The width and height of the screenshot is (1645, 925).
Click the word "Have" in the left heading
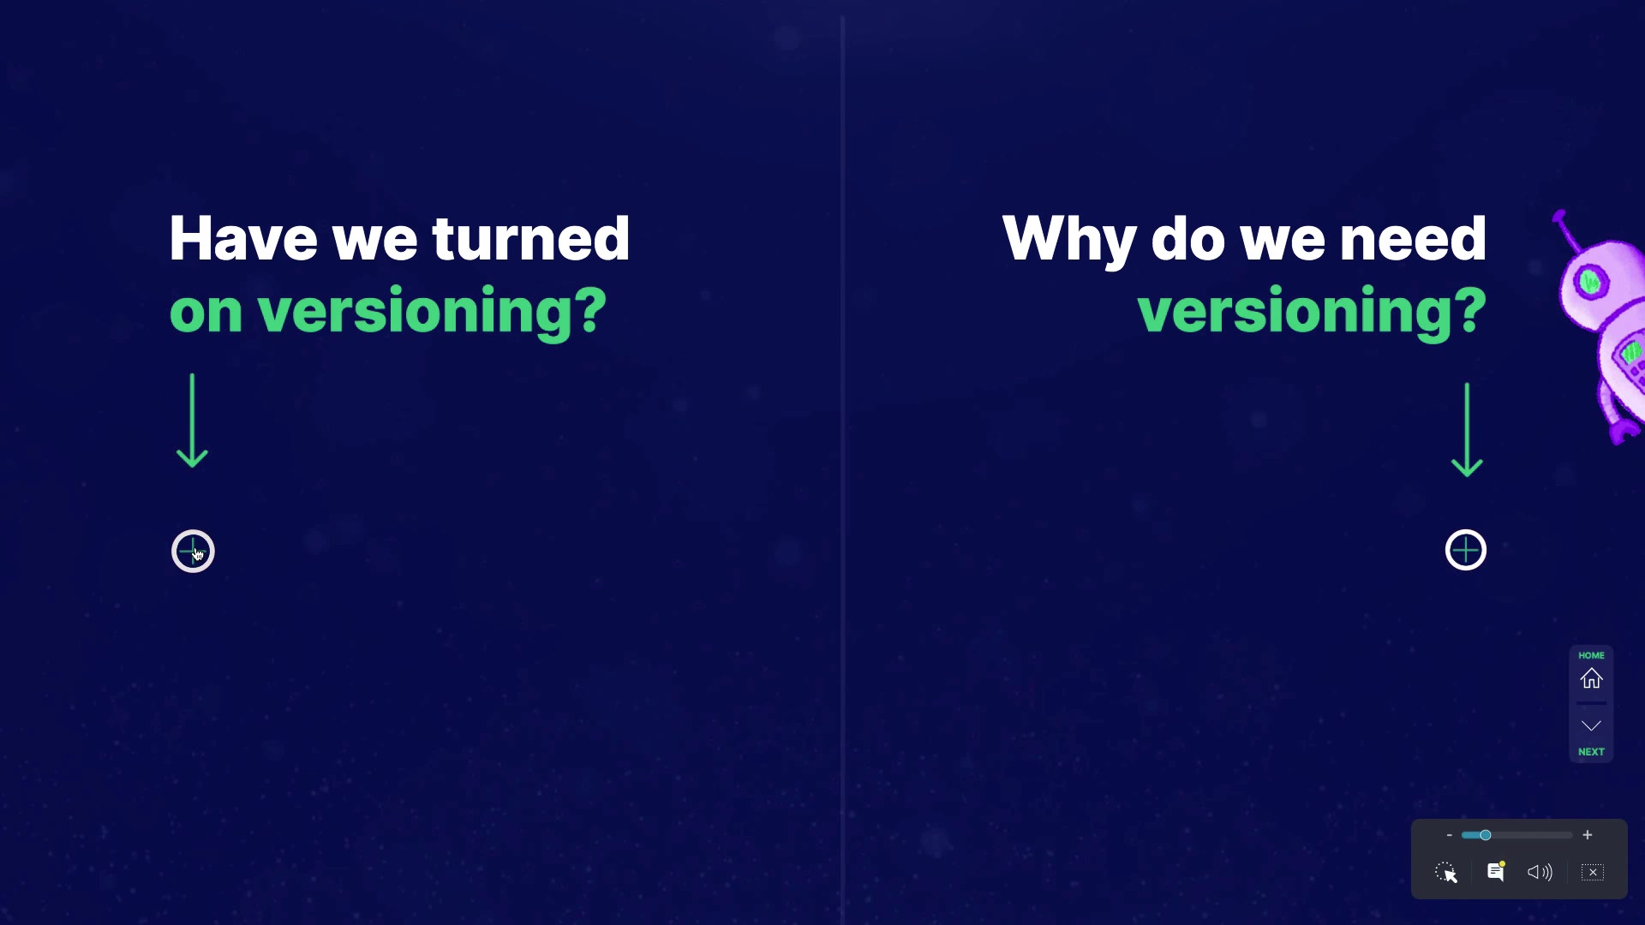click(x=243, y=238)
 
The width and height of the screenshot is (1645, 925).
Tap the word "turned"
click(x=531, y=238)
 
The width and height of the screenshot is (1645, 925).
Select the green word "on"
click(x=206, y=311)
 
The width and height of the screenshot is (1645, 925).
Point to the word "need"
click(x=1413, y=238)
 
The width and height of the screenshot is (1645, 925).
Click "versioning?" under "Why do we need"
click(x=1312, y=312)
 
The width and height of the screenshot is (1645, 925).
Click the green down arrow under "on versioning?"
click(x=192, y=421)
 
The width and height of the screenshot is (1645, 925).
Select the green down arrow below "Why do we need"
click(x=1467, y=430)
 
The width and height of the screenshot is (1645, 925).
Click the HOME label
click(x=1591, y=655)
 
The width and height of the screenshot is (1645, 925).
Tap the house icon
click(x=1591, y=678)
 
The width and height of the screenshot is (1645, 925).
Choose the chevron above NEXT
click(x=1591, y=726)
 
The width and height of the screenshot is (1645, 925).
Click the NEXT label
click(x=1591, y=752)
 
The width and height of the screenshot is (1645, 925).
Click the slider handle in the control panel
click(x=1485, y=835)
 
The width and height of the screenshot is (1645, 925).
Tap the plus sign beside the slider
click(x=1588, y=835)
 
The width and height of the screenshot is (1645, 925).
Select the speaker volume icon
click(x=1540, y=872)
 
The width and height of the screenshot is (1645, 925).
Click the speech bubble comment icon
click(x=1496, y=871)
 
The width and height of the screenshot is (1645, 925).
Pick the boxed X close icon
click(x=1593, y=872)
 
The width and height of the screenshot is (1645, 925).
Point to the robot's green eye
click(x=1590, y=282)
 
